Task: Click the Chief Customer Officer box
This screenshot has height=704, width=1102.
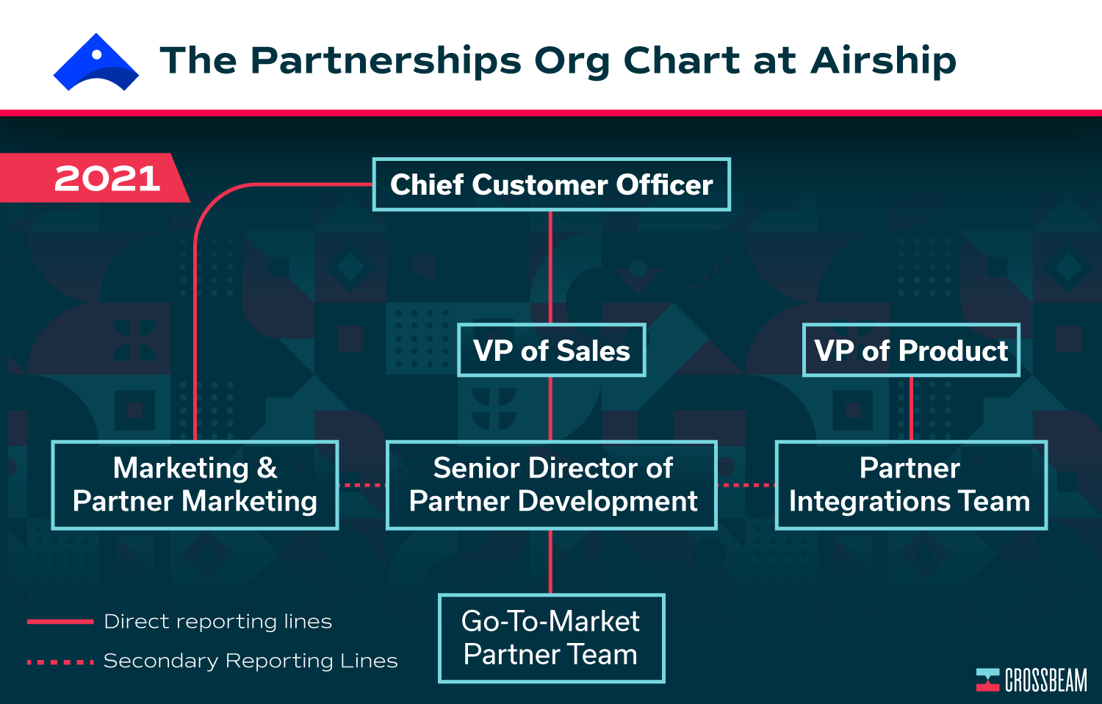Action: pos(552,184)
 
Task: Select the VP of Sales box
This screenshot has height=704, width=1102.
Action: pos(552,351)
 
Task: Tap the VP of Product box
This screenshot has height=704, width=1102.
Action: pos(911,351)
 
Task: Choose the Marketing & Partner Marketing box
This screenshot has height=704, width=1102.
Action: pos(195,485)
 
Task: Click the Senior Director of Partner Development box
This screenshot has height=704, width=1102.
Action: pos(552,485)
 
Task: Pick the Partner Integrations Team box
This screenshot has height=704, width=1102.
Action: pos(911,485)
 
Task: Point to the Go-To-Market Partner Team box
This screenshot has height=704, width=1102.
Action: pos(552,638)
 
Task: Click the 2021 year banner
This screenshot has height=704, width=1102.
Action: pos(93,178)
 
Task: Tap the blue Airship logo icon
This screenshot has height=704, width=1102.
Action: pos(96,62)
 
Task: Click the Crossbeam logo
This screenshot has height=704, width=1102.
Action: pos(1031,680)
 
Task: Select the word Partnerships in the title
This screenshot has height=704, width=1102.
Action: pos(386,62)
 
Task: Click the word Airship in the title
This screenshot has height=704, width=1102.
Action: pos(883,62)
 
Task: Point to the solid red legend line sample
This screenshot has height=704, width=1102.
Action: pos(60,622)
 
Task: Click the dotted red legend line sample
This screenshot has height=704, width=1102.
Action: pos(60,662)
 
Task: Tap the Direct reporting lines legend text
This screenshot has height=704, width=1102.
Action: pos(218,622)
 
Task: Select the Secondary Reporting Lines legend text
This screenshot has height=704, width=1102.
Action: pos(251,661)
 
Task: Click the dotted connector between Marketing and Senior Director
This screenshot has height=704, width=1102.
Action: pos(363,485)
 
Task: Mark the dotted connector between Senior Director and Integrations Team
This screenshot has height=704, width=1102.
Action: pos(746,485)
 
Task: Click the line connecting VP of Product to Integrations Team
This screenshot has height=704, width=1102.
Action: pos(911,409)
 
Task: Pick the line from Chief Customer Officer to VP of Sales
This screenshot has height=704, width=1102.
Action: pos(550,267)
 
